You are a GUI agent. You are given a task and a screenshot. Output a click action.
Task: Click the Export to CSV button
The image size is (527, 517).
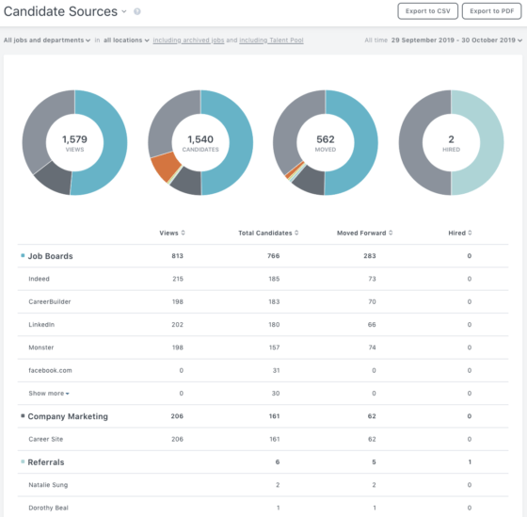[427, 11]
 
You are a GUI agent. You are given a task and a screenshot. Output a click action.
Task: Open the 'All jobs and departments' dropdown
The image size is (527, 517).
[47, 40]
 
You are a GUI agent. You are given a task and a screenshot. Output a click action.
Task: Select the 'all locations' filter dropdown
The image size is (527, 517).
[126, 40]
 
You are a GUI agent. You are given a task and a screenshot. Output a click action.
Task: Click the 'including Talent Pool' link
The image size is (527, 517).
[271, 40]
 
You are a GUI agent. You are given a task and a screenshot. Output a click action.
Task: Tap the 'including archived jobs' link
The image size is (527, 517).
[194, 40]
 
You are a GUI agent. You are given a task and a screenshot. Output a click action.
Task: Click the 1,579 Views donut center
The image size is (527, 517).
[74, 143]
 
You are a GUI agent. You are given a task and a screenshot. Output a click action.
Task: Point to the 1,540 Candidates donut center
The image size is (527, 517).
[200, 143]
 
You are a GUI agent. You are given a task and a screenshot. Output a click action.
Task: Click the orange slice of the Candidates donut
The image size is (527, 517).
[166, 168]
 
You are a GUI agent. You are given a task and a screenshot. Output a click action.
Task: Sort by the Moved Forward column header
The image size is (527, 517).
[365, 233]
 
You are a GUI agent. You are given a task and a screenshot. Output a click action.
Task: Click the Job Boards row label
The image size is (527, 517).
[50, 256]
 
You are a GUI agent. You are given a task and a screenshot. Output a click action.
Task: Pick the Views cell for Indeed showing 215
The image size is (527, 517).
[178, 280]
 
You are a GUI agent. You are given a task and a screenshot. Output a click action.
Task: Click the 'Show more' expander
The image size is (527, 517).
[48, 393]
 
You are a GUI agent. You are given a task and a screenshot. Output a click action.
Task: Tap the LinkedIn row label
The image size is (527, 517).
[41, 325]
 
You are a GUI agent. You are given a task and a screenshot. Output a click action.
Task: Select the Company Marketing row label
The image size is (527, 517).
[68, 416]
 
